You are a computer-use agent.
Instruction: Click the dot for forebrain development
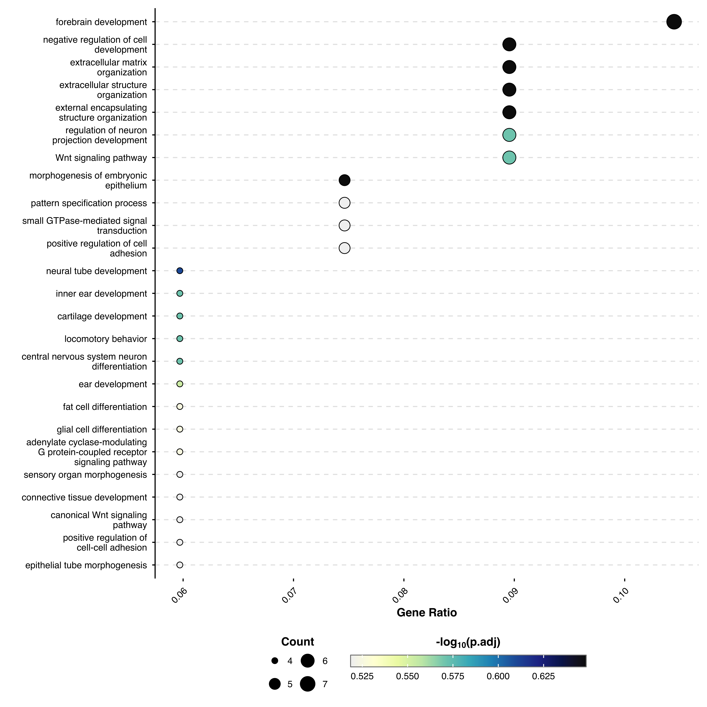click(x=674, y=22)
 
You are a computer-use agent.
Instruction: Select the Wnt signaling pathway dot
click(x=509, y=158)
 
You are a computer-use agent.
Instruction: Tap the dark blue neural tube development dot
click(x=180, y=271)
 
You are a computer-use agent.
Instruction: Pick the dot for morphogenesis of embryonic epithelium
click(x=344, y=180)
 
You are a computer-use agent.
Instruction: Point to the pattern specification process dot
click(x=344, y=203)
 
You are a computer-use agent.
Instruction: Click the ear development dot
click(x=180, y=384)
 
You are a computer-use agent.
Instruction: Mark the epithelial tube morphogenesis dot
click(x=180, y=565)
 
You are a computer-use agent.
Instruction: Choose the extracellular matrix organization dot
click(x=509, y=67)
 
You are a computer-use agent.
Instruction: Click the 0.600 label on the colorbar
click(x=498, y=676)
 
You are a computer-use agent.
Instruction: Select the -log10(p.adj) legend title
click(x=468, y=642)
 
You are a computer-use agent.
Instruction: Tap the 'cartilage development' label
click(x=102, y=316)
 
